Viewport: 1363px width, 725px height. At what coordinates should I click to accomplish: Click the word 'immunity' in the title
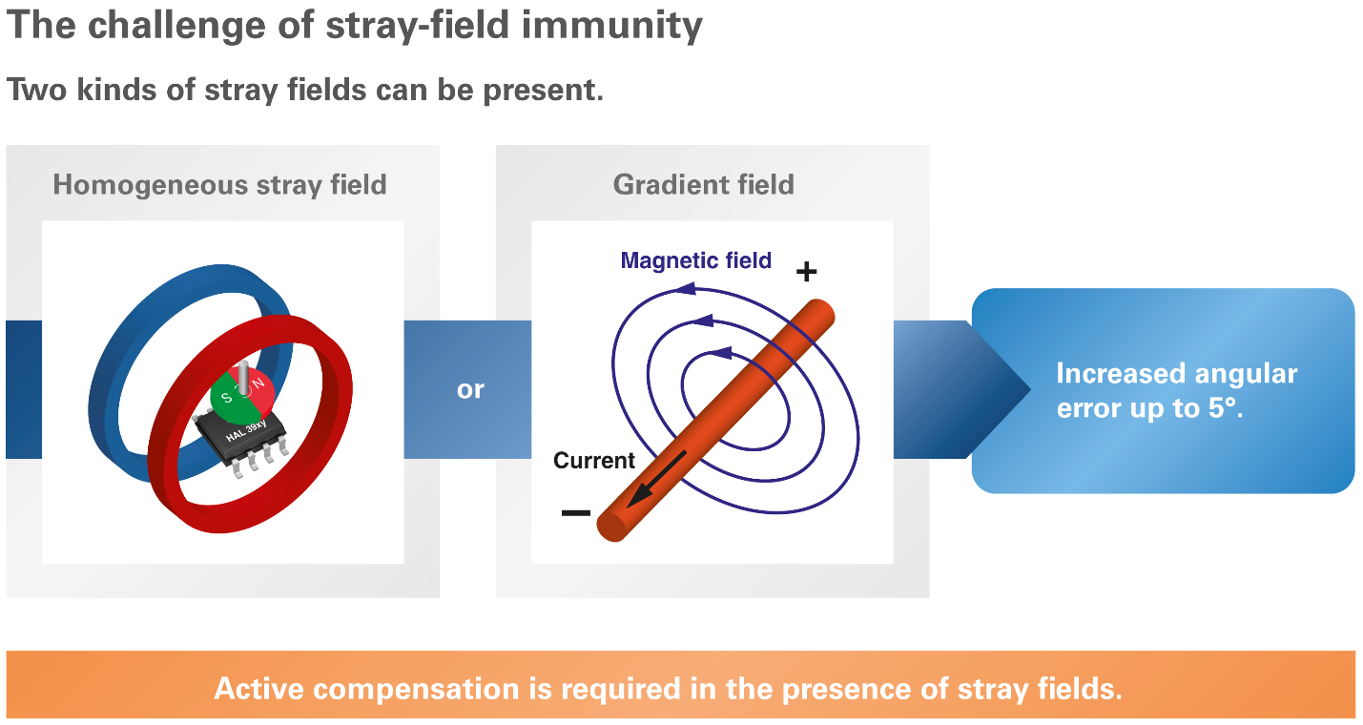[x=611, y=26]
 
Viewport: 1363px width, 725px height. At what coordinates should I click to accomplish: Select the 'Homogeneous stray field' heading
[x=219, y=184]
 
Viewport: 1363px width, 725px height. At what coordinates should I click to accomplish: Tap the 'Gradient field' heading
[x=703, y=184]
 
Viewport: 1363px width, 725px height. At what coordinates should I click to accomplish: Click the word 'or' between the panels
[x=470, y=390]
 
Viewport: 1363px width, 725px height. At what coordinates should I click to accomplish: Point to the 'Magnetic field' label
[x=695, y=260]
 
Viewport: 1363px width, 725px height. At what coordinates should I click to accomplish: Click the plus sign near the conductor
[x=806, y=272]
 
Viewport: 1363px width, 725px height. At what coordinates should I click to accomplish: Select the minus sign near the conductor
[x=575, y=513]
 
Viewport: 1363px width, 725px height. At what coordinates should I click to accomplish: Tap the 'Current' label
[x=594, y=460]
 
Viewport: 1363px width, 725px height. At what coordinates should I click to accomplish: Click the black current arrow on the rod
[x=656, y=479]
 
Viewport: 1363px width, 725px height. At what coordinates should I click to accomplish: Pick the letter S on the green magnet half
[x=227, y=398]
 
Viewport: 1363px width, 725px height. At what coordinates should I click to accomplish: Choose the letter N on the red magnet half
[x=258, y=383]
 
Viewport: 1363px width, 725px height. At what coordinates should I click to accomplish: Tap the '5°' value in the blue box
[x=1224, y=408]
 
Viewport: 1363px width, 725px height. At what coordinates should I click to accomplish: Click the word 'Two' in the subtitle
[x=36, y=90]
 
